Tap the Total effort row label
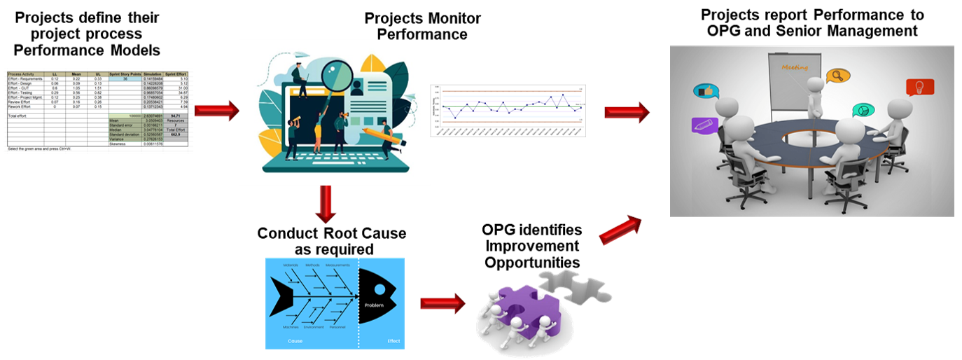pos(17,115)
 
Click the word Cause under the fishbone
pos(295,341)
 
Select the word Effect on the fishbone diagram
pos(393,341)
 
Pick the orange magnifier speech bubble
pos(835,75)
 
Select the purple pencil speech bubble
pos(704,125)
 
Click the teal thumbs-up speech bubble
pos(706,91)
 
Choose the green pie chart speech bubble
pos(863,110)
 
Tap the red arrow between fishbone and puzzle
pos(442,303)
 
